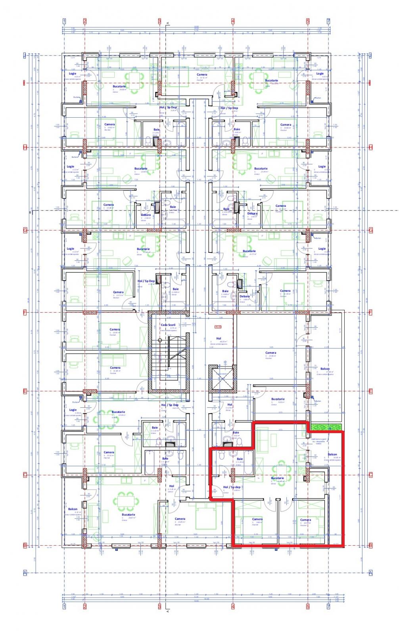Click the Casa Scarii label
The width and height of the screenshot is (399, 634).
coord(168,325)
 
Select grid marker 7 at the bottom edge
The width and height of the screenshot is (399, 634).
coord(328,607)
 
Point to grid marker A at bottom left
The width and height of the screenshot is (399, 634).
coord(25,572)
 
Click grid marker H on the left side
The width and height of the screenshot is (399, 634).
coord(25,147)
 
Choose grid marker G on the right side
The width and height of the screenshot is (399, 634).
coord(371,230)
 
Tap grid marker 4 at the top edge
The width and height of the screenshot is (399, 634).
coord(233,21)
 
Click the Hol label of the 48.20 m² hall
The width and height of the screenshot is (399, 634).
coord(218,338)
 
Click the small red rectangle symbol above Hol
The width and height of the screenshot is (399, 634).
coord(217,327)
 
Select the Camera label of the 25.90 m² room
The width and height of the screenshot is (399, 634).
coord(270,352)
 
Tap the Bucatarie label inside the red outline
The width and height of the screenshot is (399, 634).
coord(277,478)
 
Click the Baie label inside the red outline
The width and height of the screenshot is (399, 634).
coord(240,458)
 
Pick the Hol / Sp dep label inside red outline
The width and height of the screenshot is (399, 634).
coord(232,487)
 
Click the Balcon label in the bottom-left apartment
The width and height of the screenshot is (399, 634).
coord(73,509)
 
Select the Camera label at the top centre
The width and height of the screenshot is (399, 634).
coord(202,74)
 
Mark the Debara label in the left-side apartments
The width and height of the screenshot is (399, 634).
coord(146,215)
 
